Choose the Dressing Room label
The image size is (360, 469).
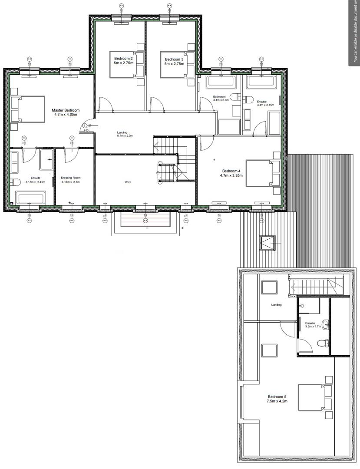pos(71,180)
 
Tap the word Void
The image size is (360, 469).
pos(128,182)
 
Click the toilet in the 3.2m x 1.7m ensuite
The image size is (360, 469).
pos(322,343)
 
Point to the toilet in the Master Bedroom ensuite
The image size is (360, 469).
pos(16,182)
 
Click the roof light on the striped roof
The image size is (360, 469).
pos(267,243)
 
